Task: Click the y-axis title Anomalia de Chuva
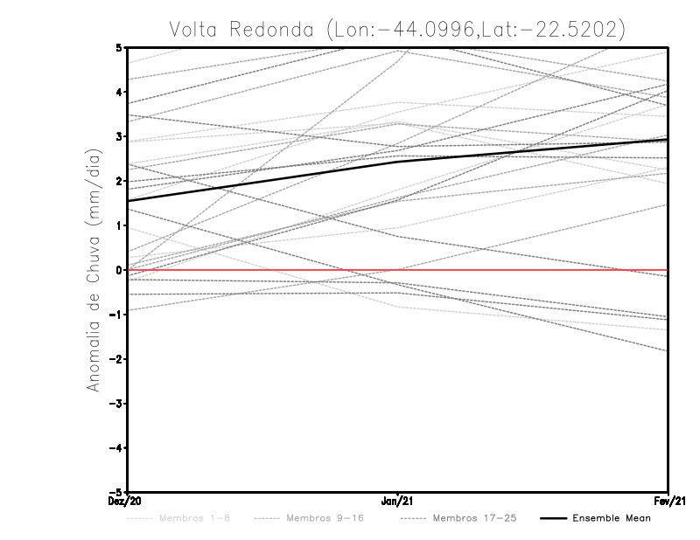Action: (x=92, y=269)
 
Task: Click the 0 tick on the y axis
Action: (x=120, y=270)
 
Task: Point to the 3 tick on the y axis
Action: (x=120, y=136)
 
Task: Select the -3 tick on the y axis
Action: (x=117, y=404)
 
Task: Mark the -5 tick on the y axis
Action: (x=117, y=492)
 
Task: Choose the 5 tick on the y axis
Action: (x=120, y=47)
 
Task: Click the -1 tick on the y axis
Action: (x=117, y=315)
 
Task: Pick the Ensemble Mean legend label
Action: (x=611, y=518)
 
